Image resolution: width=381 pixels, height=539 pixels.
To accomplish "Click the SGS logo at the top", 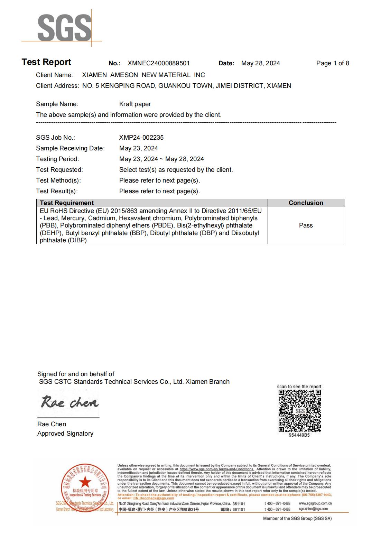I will pyautogui.click(x=64, y=28).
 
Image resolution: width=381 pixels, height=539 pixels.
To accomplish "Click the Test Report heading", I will pyautogui.click(x=46, y=62).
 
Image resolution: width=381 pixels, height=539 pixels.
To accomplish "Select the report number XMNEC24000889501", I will pyautogui.click(x=158, y=63).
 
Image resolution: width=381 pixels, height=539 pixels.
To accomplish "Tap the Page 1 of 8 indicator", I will pyautogui.click(x=332, y=63).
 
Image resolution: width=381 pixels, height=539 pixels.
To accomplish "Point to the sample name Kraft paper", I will pyautogui.click(x=135, y=104).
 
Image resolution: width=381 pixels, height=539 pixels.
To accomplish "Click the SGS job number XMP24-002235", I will pyautogui.click(x=141, y=138).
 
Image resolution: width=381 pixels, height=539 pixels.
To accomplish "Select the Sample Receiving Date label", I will pyautogui.click(x=70, y=148).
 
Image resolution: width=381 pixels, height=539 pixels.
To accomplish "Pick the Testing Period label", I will pyautogui.click(x=57, y=159).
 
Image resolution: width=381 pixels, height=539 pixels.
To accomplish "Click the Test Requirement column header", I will pyautogui.click(x=67, y=203).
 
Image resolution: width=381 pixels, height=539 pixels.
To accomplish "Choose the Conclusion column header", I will pyautogui.click(x=306, y=203).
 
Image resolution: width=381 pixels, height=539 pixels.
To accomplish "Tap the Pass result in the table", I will pyautogui.click(x=306, y=225).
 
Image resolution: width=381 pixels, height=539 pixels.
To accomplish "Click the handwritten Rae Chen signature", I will pyautogui.click(x=69, y=402).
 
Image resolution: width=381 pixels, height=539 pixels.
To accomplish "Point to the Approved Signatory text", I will pyautogui.click(x=65, y=434).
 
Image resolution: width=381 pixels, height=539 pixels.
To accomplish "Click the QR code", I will pyautogui.click(x=299, y=411).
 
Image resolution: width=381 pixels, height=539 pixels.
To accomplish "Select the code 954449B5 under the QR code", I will pyautogui.click(x=299, y=435).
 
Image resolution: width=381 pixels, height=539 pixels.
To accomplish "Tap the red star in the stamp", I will pyautogui.click(x=85, y=482).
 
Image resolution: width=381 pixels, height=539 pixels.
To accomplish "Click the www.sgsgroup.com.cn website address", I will pyautogui.click(x=315, y=504).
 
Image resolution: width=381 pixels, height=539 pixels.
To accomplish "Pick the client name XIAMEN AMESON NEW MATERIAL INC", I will pyautogui.click(x=143, y=75).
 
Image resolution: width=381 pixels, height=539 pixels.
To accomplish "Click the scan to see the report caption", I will pyautogui.click(x=299, y=387).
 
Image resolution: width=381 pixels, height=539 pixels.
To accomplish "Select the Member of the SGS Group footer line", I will pyautogui.click(x=297, y=518).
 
